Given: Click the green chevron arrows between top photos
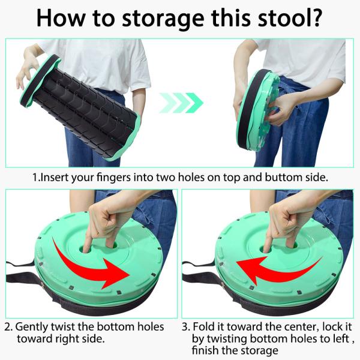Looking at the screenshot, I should pyautogui.click(x=181, y=103).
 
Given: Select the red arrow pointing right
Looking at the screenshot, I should pyautogui.click(x=96, y=265).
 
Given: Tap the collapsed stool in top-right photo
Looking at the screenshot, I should pyautogui.click(x=258, y=111).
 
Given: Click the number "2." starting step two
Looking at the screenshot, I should pyautogui.click(x=8, y=327).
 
